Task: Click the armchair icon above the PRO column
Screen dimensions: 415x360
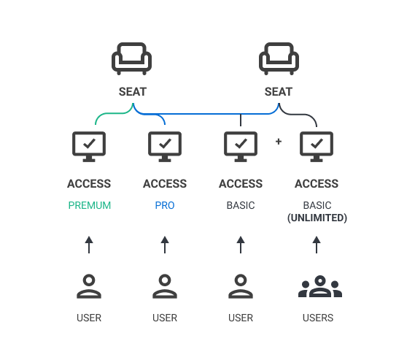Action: (x=131, y=58)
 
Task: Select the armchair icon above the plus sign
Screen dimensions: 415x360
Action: (x=279, y=58)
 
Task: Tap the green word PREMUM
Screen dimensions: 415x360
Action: (x=90, y=205)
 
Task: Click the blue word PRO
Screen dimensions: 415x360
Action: (x=165, y=205)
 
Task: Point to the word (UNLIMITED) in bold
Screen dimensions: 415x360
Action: (x=317, y=218)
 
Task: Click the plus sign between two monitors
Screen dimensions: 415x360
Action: (x=279, y=142)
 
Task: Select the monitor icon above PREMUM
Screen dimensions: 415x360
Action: (x=89, y=147)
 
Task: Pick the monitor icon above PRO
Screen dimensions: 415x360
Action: (x=165, y=147)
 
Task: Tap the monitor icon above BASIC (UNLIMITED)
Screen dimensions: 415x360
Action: (x=317, y=147)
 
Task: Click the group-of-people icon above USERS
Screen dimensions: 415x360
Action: (x=320, y=286)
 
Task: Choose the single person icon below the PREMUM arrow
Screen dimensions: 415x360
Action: (x=89, y=286)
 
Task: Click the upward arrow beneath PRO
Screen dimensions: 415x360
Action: (x=165, y=245)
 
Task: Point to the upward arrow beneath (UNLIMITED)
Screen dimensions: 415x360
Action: (x=317, y=245)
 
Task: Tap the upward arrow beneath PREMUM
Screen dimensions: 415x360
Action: (x=89, y=245)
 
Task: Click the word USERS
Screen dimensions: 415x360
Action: (x=318, y=318)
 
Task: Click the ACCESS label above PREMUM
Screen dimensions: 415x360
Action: (x=89, y=183)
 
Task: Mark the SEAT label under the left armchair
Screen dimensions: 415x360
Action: (x=133, y=92)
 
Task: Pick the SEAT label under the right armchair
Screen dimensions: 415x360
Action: (x=279, y=92)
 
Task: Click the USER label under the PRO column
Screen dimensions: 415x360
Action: (x=165, y=318)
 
